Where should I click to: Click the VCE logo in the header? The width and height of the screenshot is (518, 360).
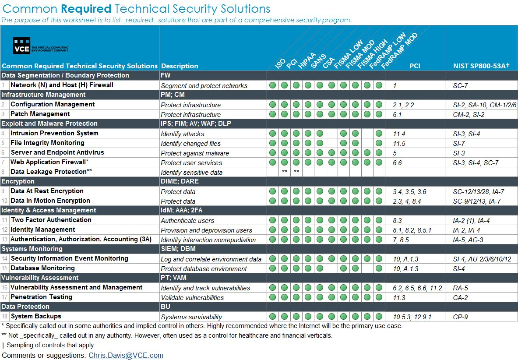tap(41, 46)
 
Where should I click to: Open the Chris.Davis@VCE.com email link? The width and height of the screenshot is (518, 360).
tap(126, 355)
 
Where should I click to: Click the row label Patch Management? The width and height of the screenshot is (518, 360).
tap(40, 114)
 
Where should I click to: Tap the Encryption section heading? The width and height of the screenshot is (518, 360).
tap(18, 181)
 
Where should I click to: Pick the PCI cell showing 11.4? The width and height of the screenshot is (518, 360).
tap(399, 134)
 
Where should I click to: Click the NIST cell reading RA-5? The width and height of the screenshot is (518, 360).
tap(460, 288)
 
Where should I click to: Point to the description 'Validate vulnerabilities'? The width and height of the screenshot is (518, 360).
tap(192, 298)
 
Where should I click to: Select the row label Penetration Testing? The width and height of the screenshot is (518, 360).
tap(41, 297)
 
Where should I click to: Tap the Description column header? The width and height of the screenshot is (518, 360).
tap(180, 66)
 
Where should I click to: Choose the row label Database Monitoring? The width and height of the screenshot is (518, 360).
tap(42, 268)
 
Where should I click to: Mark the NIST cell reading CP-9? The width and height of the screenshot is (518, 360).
tap(460, 317)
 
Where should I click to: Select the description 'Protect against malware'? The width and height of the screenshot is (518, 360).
tap(195, 153)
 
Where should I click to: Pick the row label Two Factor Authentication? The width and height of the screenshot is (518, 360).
tap(51, 220)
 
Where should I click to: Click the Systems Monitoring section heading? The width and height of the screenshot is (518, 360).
tap(32, 249)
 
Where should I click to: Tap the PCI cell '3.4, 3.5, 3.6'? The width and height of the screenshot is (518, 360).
tap(409, 192)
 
